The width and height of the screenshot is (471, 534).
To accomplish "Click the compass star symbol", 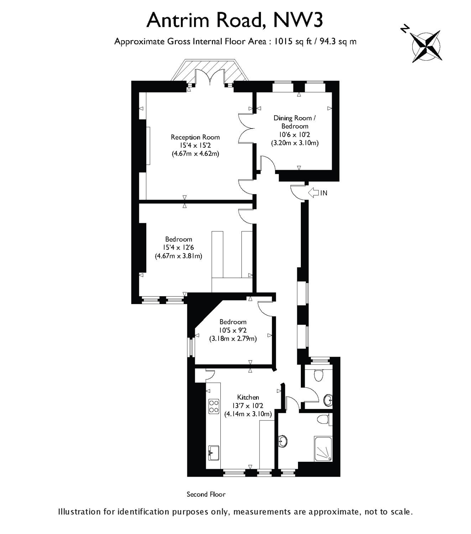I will coord(426,46).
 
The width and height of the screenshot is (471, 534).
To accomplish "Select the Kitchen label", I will coord(248,397).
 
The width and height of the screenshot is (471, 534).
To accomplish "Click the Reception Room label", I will coord(195,137).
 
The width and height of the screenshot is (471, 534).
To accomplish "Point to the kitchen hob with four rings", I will coord(214,406).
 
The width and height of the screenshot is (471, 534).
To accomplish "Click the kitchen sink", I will coord(214,453).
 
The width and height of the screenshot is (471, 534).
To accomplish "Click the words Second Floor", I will coord(206,494).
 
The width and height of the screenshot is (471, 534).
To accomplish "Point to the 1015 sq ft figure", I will coord(293,42).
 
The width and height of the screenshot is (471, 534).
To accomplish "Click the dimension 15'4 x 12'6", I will coord(178,247).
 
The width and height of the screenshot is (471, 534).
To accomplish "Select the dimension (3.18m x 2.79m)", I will coord(233,339).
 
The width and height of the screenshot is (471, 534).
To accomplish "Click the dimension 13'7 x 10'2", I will coord(248,406).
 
